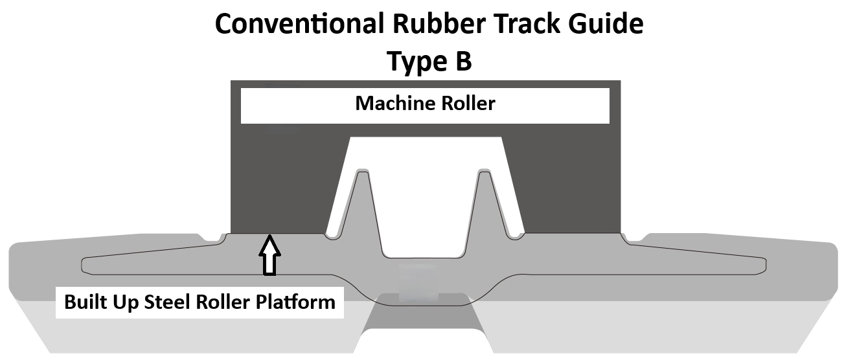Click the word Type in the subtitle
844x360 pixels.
pyautogui.click(x=413, y=62)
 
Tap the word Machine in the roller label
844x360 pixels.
pyautogui.click(x=391, y=103)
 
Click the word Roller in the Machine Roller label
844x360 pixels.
pyautogui.click(x=465, y=103)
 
